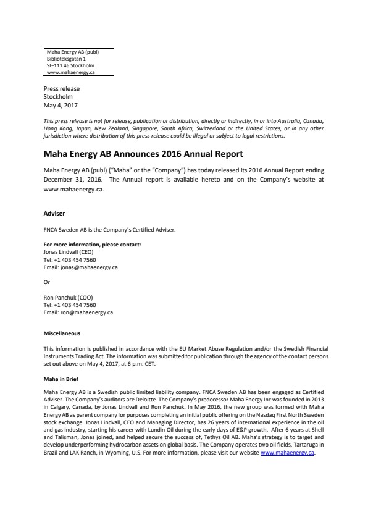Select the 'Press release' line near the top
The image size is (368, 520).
click(x=61, y=89)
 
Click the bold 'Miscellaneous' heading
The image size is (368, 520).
click(x=62, y=333)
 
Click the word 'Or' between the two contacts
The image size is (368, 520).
click(x=46, y=282)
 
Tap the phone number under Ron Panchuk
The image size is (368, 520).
click(x=69, y=305)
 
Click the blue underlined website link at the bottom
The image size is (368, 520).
click(x=288, y=453)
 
